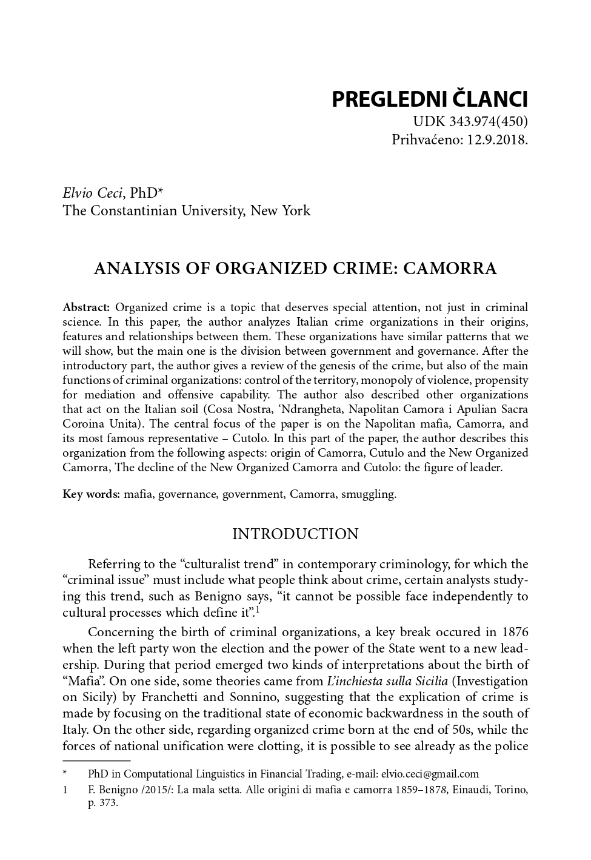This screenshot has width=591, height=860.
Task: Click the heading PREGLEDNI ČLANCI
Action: pyautogui.click(x=429, y=99)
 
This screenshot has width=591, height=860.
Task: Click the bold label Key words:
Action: pyautogui.click(x=91, y=494)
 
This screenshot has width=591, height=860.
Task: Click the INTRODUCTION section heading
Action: pyautogui.click(x=295, y=534)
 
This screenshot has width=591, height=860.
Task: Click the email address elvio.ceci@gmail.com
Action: pyautogui.click(x=430, y=774)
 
